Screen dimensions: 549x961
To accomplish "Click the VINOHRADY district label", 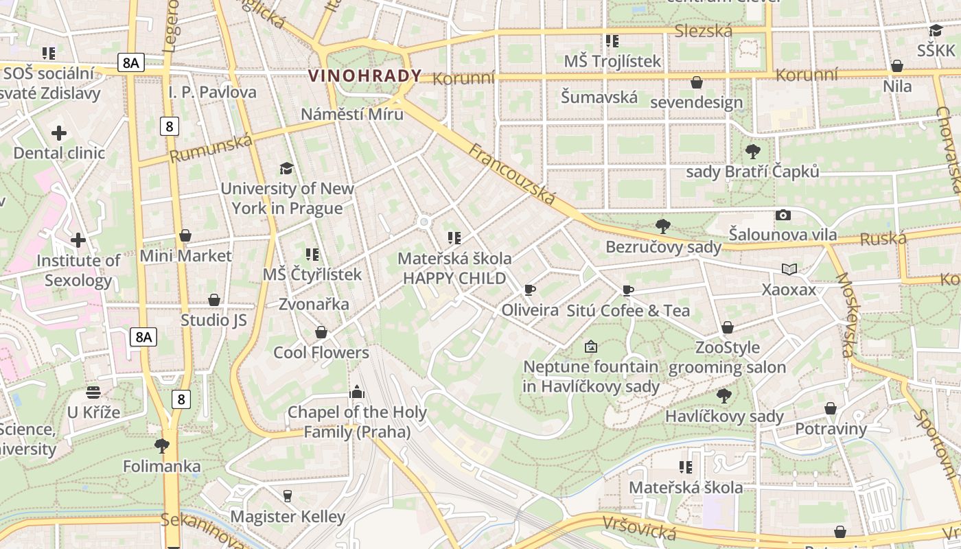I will click(x=364, y=76).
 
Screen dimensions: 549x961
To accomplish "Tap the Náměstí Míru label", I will click(x=352, y=114).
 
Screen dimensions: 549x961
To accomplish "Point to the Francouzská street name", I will click(x=512, y=174).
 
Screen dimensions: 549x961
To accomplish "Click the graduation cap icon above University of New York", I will click(x=286, y=168).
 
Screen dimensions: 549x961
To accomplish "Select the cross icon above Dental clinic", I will click(x=59, y=132).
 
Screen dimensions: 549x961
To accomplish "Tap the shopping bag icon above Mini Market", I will click(x=185, y=235).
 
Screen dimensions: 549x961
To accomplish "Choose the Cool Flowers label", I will click(x=321, y=353).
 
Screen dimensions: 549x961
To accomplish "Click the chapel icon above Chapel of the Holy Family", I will click(x=356, y=392).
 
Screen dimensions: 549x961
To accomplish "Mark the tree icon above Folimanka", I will click(x=162, y=446).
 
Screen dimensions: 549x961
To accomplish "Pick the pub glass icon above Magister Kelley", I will click(x=288, y=495).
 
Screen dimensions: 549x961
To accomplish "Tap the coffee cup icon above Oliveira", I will click(x=529, y=290).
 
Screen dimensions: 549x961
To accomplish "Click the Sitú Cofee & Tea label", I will click(x=628, y=311).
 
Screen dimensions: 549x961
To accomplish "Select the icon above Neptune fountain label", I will click(x=591, y=347).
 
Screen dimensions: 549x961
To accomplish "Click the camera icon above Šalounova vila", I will click(x=783, y=215).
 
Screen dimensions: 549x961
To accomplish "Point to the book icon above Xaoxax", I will click(x=789, y=269).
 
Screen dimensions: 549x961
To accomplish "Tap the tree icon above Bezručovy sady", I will click(x=663, y=226).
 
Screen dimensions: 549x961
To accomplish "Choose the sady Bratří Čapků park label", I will click(x=753, y=172).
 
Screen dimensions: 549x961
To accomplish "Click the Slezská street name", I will click(x=704, y=31).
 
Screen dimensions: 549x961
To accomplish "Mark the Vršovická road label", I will click(x=639, y=527).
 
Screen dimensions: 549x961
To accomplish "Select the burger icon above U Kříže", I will click(x=93, y=392).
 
